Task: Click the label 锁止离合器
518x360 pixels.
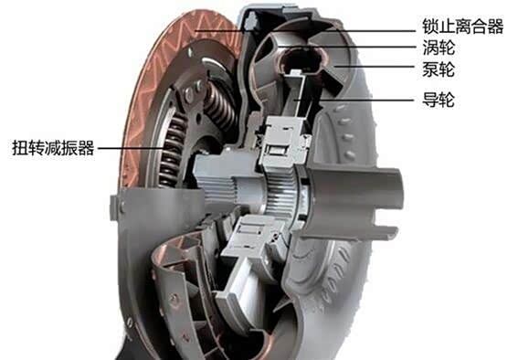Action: point(462,26)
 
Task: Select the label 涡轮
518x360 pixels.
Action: point(439,48)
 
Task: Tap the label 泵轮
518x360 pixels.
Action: point(439,69)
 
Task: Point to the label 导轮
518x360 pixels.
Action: point(439,100)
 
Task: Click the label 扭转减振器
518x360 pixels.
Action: point(53,148)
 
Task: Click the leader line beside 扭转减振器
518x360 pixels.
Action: point(131,148)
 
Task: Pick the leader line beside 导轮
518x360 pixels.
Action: point(354,100)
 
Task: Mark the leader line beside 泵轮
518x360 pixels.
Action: point(375,67)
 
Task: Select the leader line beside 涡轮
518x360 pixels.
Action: point(347,47)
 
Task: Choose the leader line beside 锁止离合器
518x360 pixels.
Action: point(304,31)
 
